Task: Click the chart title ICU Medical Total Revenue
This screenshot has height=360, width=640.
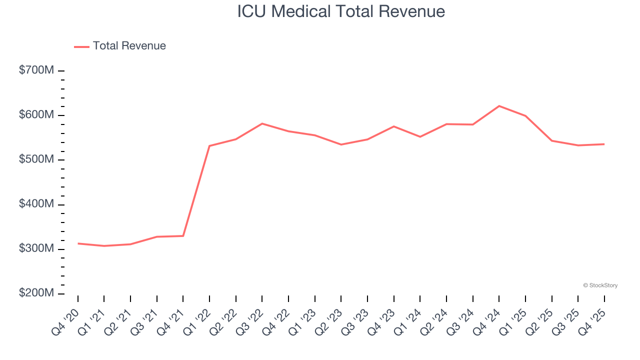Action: [x=341, y=11]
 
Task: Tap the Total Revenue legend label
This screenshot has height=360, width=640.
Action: [x=129, y=46]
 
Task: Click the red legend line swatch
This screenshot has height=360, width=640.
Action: [x=81, y=46]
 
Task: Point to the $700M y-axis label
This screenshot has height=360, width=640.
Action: [x=36, y=70]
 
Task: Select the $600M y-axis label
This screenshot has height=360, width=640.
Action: [x=36, y=115]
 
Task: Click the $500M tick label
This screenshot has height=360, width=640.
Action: [x=36, y=159]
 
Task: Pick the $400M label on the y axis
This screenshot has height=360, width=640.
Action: [x=36, y=204]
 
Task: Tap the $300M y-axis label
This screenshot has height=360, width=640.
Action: [x=36, y=249]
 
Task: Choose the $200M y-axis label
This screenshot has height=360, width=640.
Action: [x=36, y=293]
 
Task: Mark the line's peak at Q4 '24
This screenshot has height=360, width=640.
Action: [x=499, y=106]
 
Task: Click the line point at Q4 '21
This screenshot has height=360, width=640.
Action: [x=183, y=235]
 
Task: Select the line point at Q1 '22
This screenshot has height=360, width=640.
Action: [x=209, y=146]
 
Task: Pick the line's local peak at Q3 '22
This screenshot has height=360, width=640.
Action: [x=262, y=123]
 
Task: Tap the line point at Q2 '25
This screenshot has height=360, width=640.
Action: [x=551, y=140]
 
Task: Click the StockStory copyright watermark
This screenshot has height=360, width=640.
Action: [x=600, y=285]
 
